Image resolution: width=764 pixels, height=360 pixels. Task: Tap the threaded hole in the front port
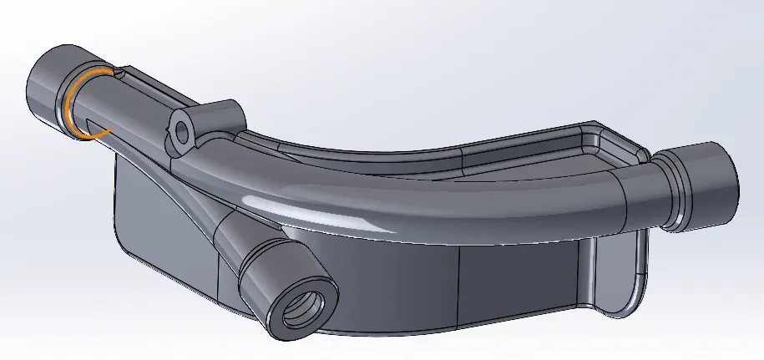point(298,312)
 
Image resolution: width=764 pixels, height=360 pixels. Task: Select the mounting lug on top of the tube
point(205,122)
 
